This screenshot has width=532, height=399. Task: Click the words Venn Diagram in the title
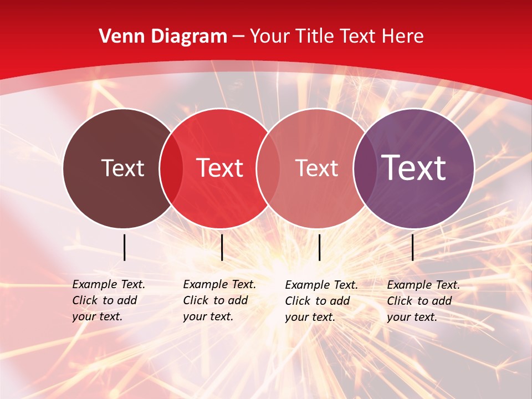click(x=163, y=37)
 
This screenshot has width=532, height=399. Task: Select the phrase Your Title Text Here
click(x=336, y=37)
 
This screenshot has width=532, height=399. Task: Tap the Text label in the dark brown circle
click(x=122, y=168)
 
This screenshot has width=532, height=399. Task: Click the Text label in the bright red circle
click(x=220, y=168)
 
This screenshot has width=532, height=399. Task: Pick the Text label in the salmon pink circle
click(x=316, y=168)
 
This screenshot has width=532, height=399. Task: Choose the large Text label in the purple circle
click(x=414, y=167)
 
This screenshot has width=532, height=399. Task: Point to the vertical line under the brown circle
click(x=124, y=247)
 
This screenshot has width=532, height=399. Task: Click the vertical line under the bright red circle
click(x=222, y=247)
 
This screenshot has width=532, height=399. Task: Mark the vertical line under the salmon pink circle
click(x=319, y=247)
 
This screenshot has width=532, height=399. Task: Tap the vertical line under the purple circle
click(x=412, y=247)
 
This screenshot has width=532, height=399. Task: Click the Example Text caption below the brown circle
click(x=109, y=300)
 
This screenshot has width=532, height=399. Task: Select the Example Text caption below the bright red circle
click(x=219, y=300)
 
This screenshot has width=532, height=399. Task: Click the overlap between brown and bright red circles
click(x=171, y=168)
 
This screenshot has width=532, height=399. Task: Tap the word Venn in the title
click(x=117, y=37)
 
